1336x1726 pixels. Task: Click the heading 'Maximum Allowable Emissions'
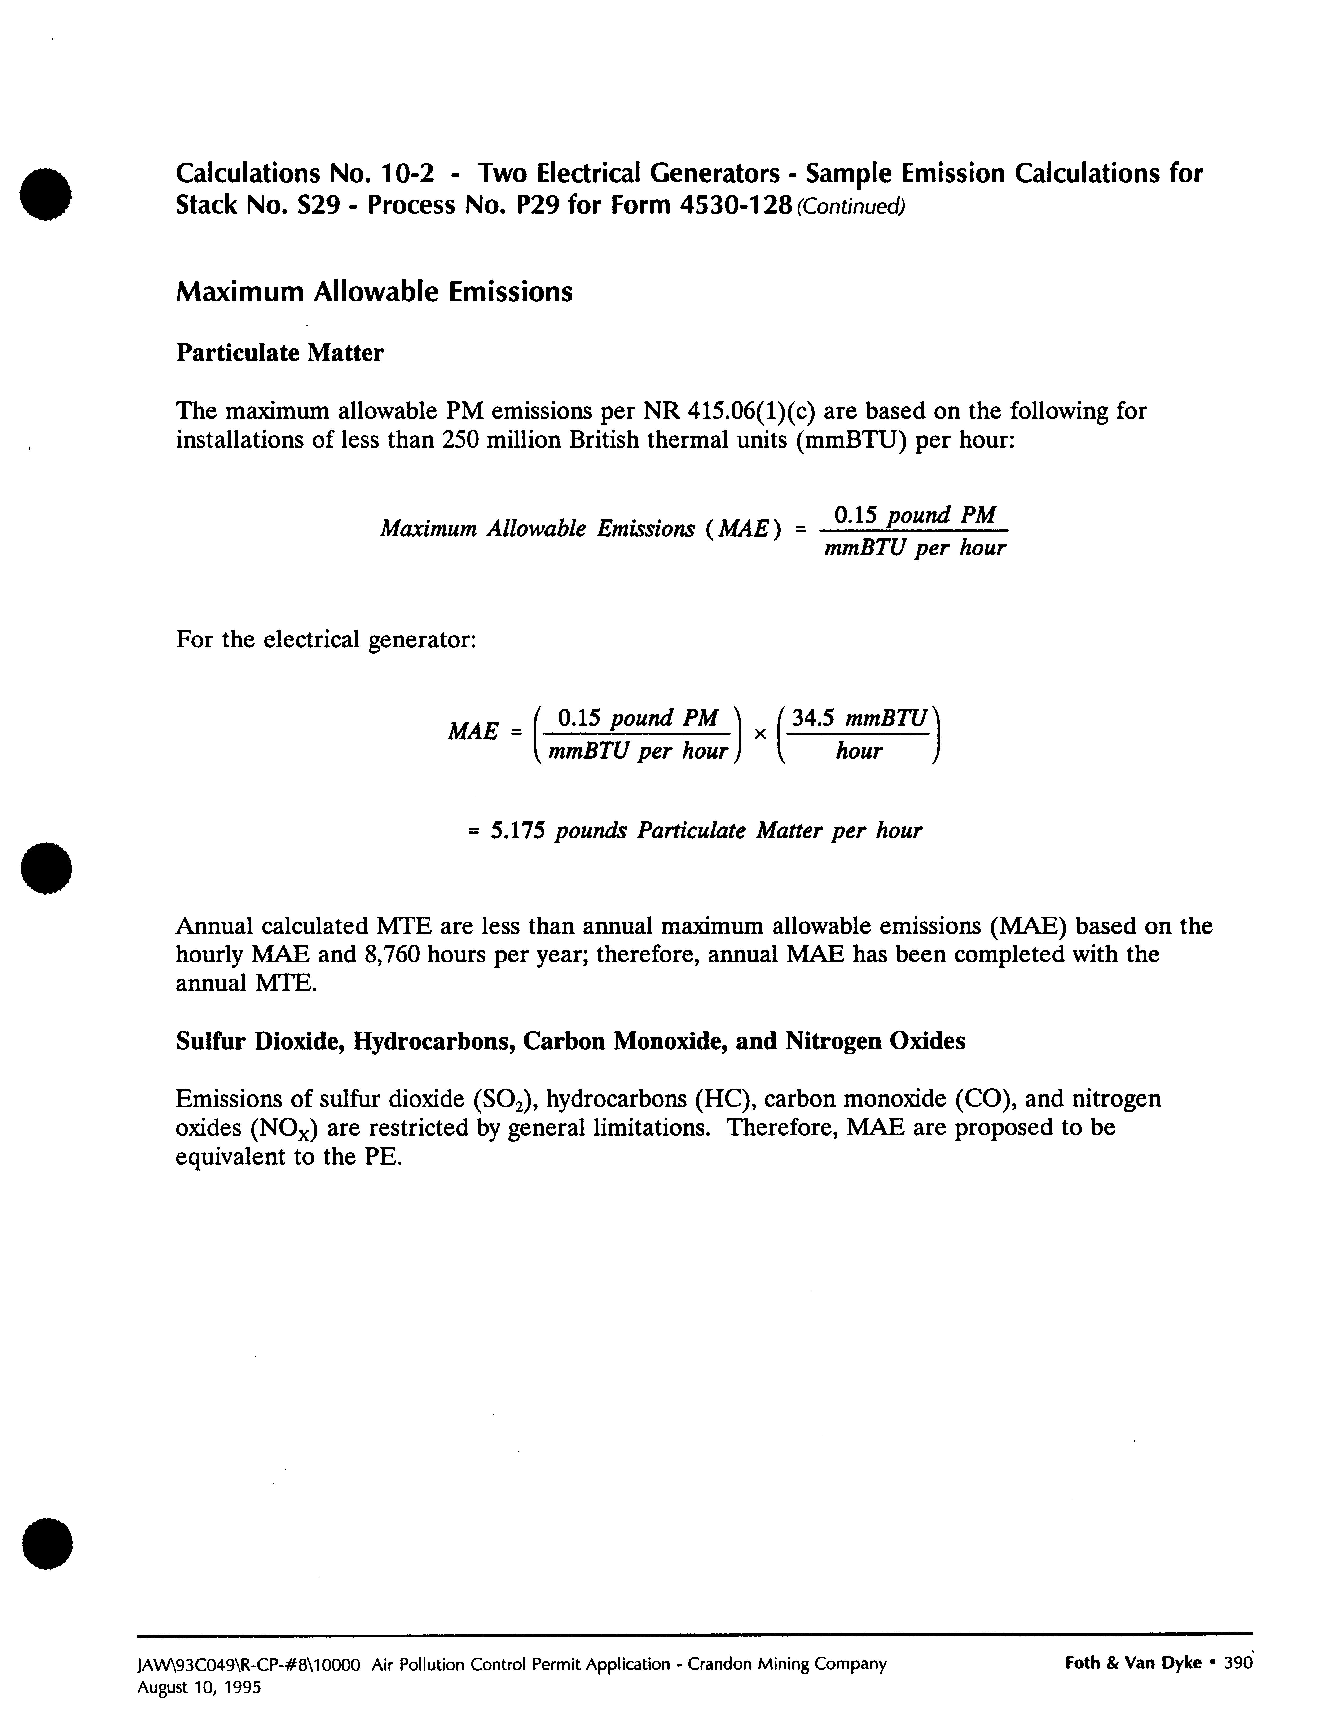pyautogui.click(x=374, y=292)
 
